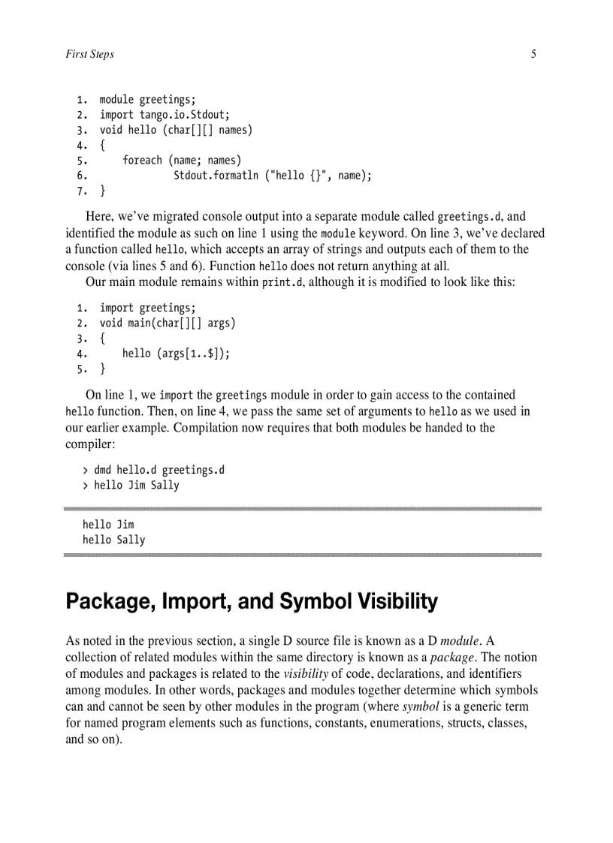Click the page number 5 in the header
533,54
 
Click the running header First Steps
90,54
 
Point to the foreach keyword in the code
142,160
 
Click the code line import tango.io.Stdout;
165,115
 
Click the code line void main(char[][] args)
168,323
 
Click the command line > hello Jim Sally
131,485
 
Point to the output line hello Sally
114,540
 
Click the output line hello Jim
108,525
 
